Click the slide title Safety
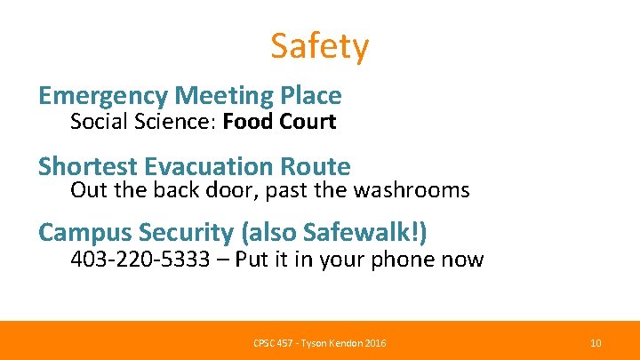319,46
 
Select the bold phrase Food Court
279,122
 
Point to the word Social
99,122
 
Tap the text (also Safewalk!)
334,233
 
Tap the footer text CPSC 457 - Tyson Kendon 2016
320,343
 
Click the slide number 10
596,343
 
